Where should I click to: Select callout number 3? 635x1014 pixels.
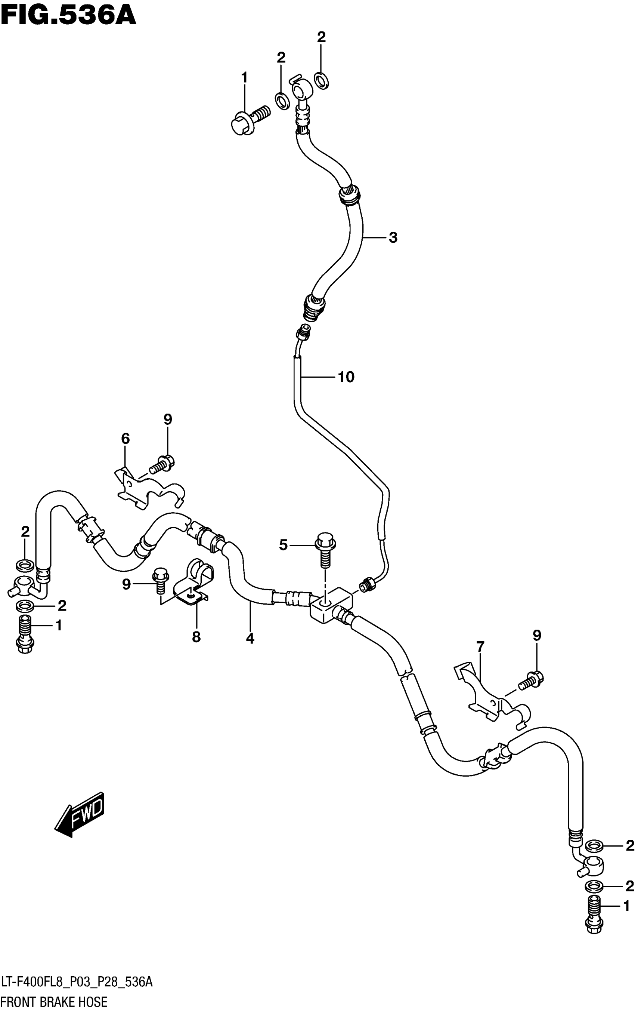[393, 237]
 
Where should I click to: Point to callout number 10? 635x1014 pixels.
[346, 377]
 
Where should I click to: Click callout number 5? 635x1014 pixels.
[284, 545]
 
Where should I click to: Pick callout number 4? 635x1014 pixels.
[250, 639]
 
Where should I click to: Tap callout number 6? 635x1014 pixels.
[125, 439]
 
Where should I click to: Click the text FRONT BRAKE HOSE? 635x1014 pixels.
[54, 1002]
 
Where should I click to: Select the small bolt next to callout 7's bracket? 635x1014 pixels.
[531, 680]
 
